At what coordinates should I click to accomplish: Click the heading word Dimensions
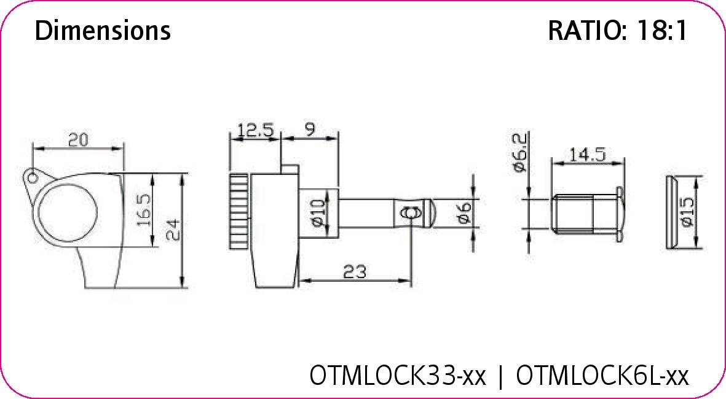click(103, 30)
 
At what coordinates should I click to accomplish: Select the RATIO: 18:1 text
click(617, 30)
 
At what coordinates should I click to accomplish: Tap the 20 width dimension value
click(78, 140)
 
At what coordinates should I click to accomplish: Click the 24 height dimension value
click(174, 230)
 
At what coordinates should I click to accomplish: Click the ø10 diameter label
click(318, 213)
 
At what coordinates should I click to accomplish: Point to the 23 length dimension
click(355, 271)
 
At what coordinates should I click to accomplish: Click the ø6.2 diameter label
click(520, 153)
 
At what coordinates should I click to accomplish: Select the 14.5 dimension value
click(586, 154)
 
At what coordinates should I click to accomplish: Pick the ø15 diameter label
click(687, 212)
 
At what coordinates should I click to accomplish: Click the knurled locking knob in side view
click(239, 212)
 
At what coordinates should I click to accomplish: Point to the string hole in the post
click(409, 213)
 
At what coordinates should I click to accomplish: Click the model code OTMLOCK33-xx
click(398, 374)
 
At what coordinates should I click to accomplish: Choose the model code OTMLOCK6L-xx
click(602, 374)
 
